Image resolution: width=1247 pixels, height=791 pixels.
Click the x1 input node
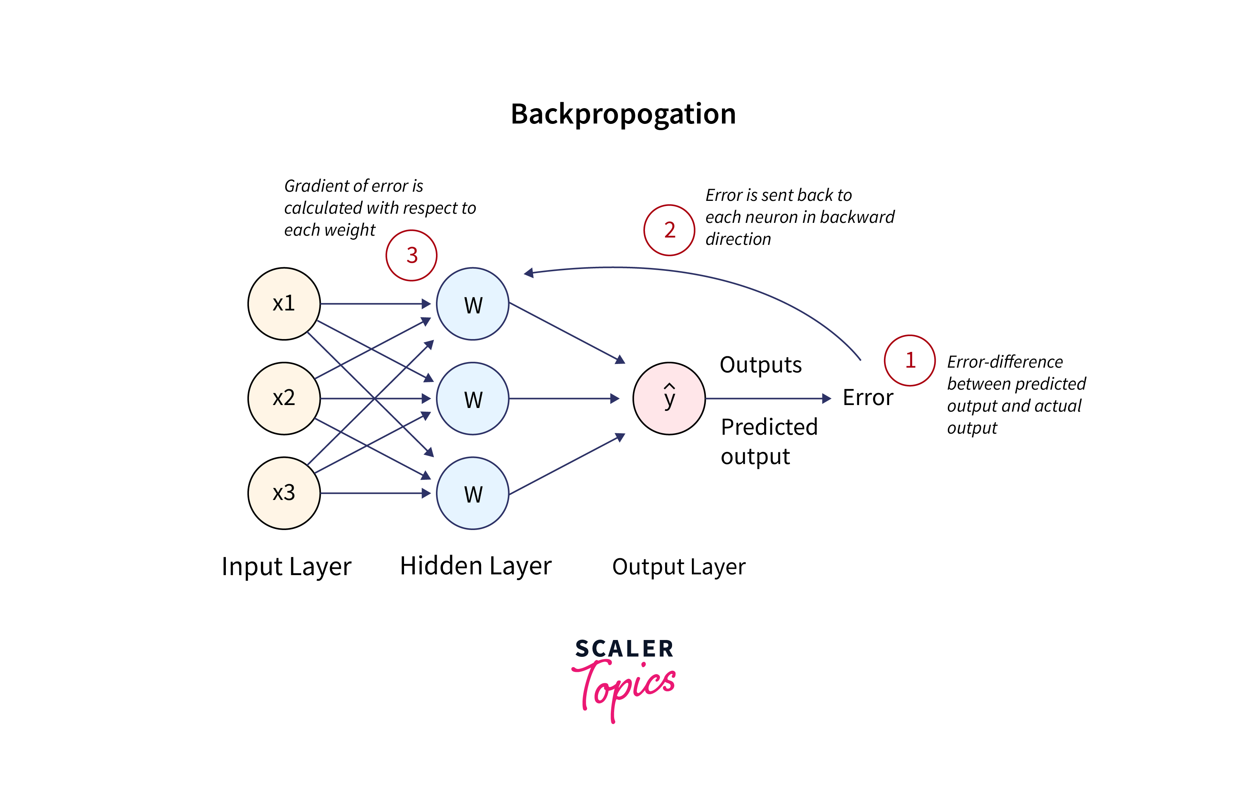coord(284,304)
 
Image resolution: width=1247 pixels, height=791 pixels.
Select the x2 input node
coord(284,398)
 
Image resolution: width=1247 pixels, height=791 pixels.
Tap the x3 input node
coord(284,493)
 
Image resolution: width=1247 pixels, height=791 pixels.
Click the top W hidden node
coord(473,304)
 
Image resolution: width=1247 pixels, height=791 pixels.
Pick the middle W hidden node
coord(473,398)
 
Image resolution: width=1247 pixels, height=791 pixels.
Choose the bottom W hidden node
coord(473,493)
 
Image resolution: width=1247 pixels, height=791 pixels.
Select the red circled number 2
coord(669,230)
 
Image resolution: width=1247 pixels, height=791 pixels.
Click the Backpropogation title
coord(623,114)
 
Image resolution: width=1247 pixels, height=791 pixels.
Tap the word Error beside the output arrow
coord(868,398)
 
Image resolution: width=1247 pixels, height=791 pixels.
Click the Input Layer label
coord(286,566)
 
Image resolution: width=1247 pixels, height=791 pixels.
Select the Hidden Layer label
coord(476,566)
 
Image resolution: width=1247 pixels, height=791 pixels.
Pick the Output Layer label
coord(678,566)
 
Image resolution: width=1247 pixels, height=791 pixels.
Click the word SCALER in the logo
coord(624,649)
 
